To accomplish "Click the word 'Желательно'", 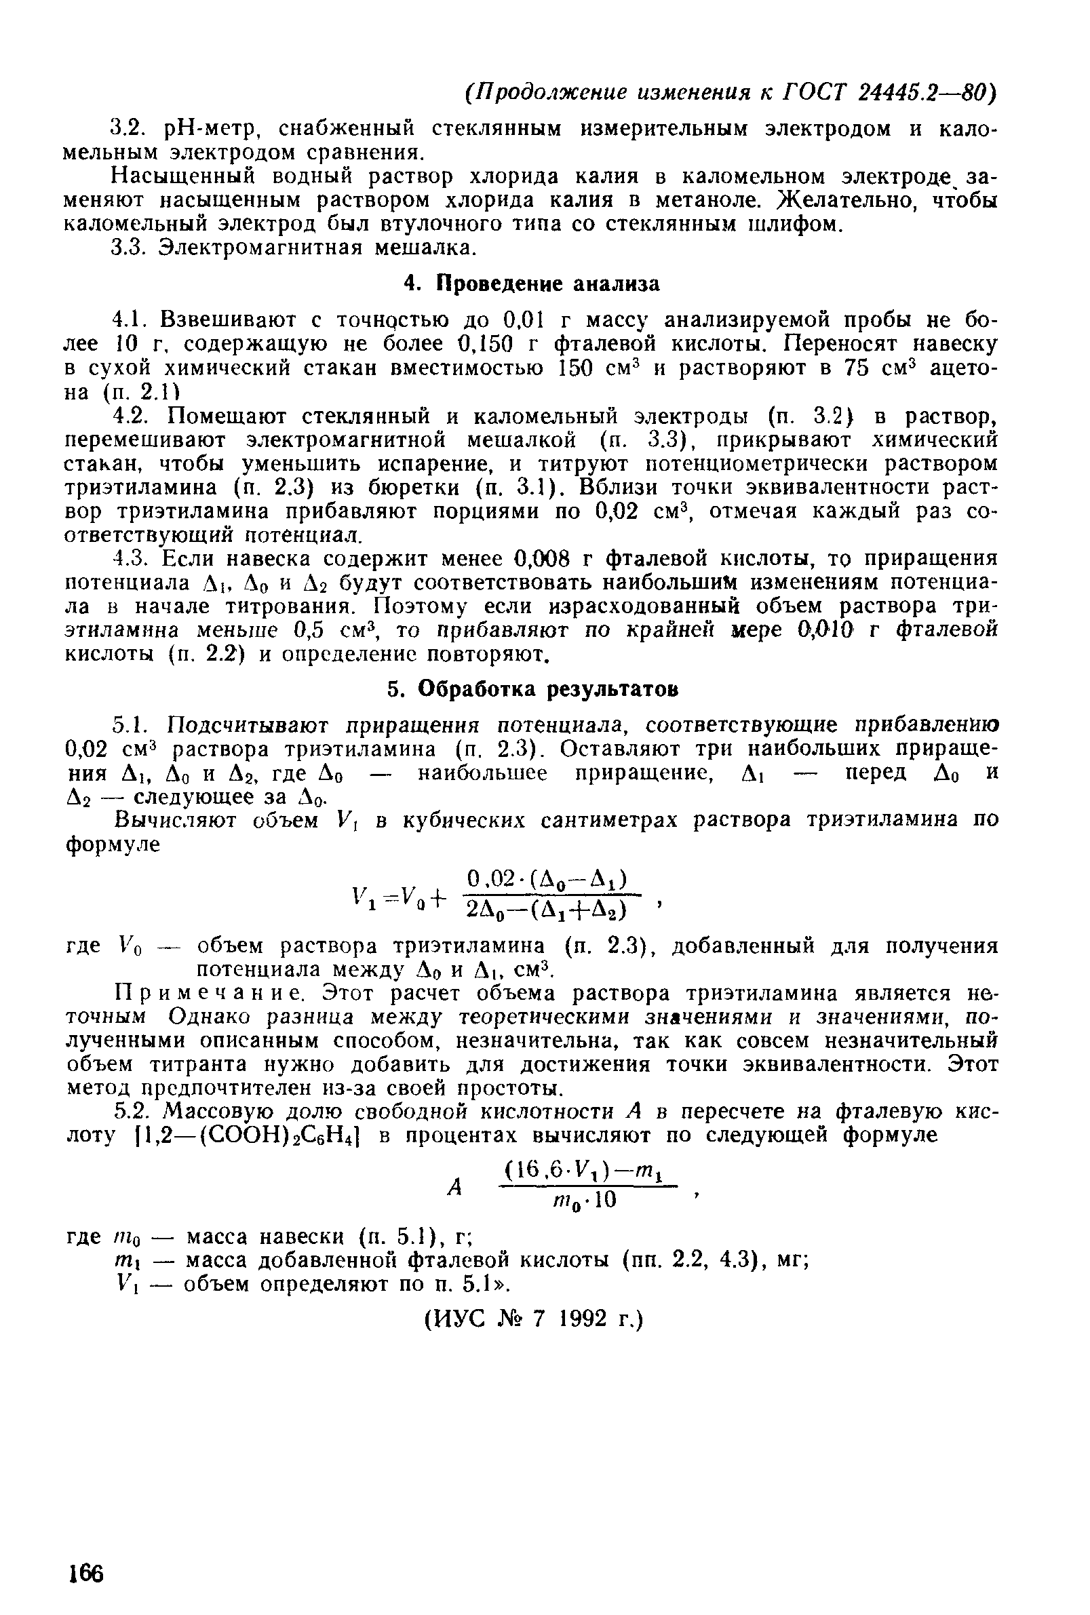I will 840,200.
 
